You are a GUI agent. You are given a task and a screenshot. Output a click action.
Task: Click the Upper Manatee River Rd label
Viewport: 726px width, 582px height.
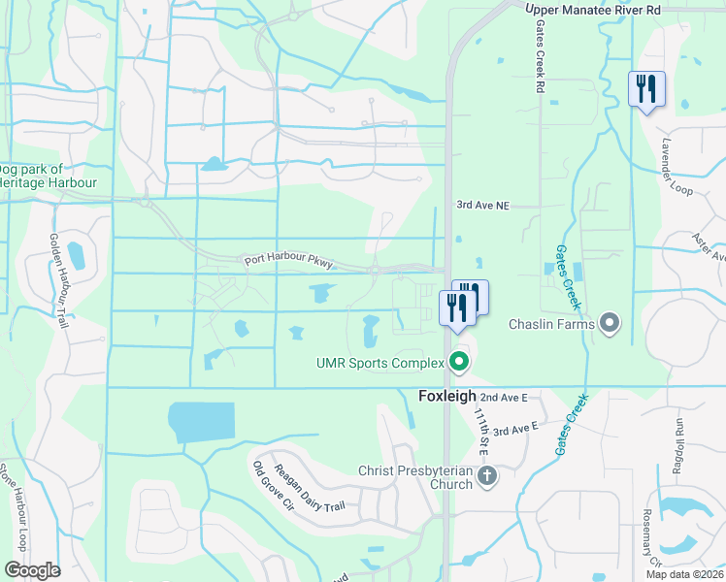(x=592, y=10)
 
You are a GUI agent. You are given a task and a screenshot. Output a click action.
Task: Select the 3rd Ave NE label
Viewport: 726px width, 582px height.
(x=483, y=206)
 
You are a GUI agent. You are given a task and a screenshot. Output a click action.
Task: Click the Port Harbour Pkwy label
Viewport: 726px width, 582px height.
(x=289, y=261)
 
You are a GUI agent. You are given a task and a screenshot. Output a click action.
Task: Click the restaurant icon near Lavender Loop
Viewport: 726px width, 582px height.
(x=646, y=90)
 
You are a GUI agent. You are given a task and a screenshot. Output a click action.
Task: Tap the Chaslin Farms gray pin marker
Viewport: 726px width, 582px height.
(x=610, y=322)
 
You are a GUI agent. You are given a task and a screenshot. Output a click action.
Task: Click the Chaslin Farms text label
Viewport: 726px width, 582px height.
(x=551, y=323)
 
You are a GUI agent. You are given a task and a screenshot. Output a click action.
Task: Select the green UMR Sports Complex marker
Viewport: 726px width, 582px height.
(x=459, y=364)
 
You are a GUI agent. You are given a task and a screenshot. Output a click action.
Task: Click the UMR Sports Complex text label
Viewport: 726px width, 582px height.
(x=379, y=364)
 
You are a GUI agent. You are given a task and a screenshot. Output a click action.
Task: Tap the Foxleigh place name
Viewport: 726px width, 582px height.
(x=447, y=397)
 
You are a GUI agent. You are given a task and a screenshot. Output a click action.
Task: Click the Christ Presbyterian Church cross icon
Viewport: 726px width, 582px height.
(x=487, y=475)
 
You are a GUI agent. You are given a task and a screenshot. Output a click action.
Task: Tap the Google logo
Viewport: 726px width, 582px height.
(x=32, y=570)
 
